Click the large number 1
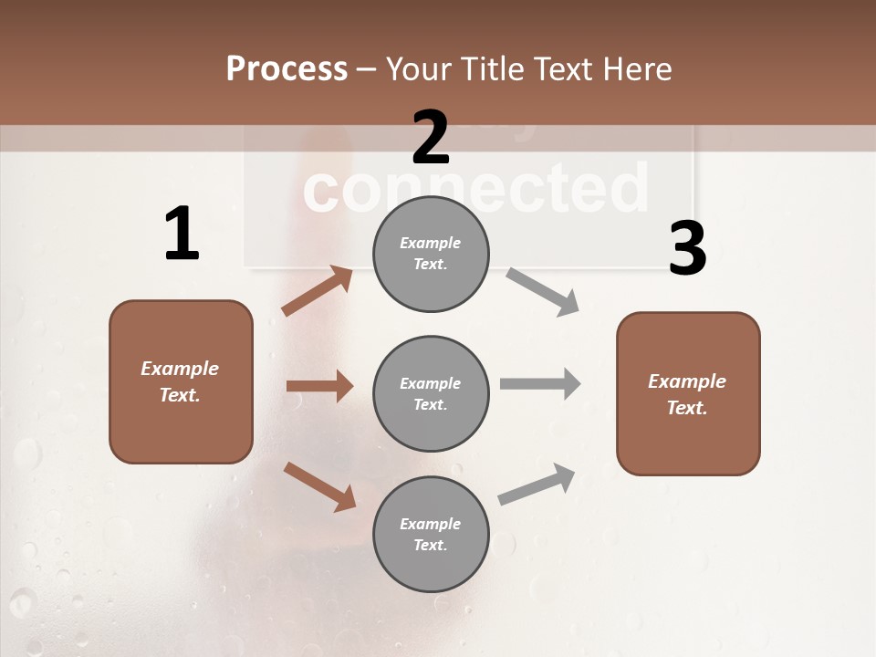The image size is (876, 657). pyautogui.click(x=182, y=234)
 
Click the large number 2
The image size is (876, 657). pyautogui.click(x=431, y=137)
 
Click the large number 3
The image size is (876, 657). pyautogui.click(x=687, y=249)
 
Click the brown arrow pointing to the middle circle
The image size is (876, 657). pyautogui.click(x=319, y=386)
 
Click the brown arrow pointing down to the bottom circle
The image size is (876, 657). pyautogui.click(x=319, y=485)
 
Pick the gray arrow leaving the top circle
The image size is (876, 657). pyautogui.click(x=543, y=291)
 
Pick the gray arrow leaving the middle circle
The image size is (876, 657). pyautogui.click(x=540, y=383)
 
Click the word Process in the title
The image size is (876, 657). pyautogui.click(x=287, y=68)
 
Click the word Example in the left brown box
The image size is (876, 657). pyautogui.click(x=180, y=369)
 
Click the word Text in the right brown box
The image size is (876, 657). pyautogui.click(x=686, y=408)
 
